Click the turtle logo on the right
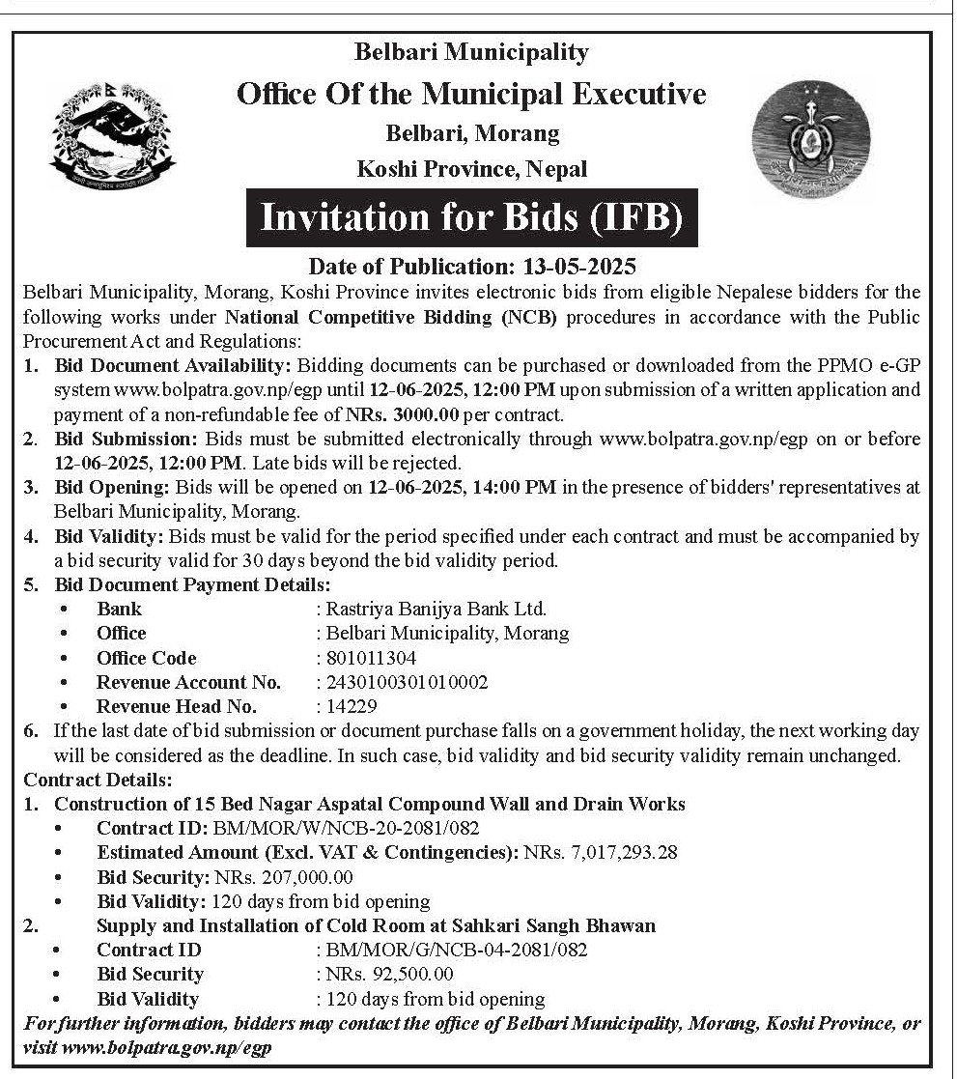(x=810, y=138)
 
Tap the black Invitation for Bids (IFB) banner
(x=471, y=217)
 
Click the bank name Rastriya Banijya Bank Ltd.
(x=436, y=609)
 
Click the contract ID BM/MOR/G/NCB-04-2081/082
(x=457, y=950)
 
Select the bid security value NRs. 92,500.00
(x=390, y=974)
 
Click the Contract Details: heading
(x=99, y=780)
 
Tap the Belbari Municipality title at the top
(x=471, y=52)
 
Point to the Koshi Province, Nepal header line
(x=472, y=169)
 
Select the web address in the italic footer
(x=166, y=1048)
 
